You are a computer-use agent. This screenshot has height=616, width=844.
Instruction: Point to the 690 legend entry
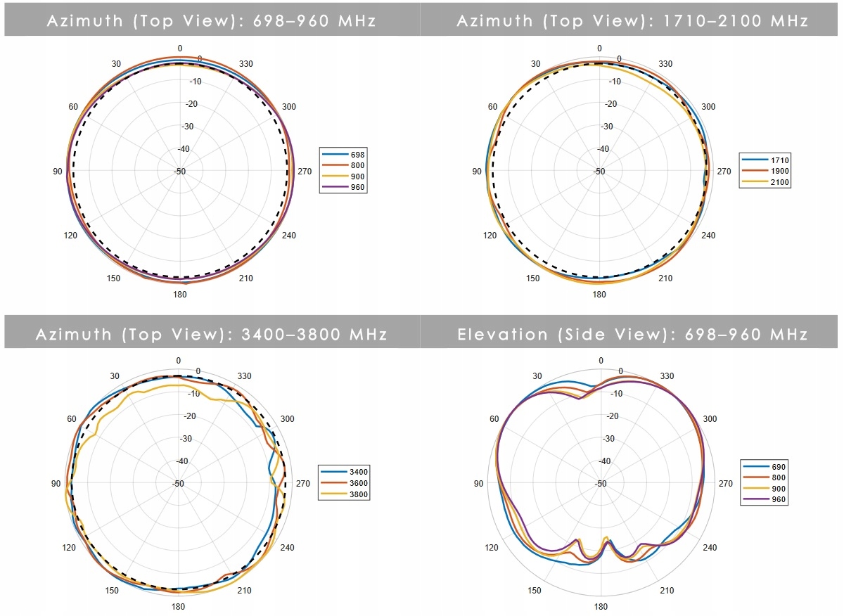pyautogui.click(x=765, y=466)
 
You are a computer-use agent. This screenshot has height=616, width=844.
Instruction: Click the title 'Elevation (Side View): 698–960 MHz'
pyautogui.click(x=632, y=334)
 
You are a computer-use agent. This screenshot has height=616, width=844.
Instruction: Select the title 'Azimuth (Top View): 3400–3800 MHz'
pyautogui.click(x=211, y=334)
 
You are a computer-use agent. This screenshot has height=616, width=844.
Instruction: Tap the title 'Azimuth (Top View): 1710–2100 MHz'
pyautogui.click(x=632, y=20)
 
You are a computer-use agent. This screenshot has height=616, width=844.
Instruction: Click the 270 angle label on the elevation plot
pyautogui.click(x=724, y=484)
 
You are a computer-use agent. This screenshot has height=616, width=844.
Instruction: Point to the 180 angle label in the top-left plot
pyautogui.click(x=180, y=294)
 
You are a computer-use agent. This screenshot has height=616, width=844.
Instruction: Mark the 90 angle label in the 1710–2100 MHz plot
pyautogui.click(x=477, y=172)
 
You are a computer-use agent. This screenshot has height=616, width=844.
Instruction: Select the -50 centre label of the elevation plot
pyautogui.click(x=601, y=484)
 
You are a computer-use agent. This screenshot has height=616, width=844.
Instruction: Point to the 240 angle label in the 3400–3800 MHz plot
pyautogui.click(x=288, y=548)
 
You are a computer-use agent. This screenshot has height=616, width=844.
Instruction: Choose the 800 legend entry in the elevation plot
pyautogui.click(x=765, y=477)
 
